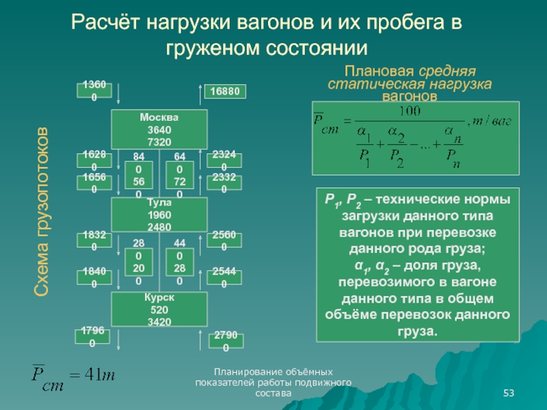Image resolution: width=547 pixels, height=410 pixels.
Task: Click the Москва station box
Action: click(159, 128)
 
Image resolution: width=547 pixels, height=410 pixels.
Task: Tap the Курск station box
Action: click(159, 310)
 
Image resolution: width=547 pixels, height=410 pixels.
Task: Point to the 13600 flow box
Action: click(94, 90)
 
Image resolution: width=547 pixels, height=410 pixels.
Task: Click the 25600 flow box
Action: click(225, 241)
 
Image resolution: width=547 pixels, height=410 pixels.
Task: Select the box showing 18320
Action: click(94, 241)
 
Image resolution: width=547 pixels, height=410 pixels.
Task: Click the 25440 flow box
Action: click(225, 278)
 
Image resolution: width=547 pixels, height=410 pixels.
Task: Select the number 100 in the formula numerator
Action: click(410, 111)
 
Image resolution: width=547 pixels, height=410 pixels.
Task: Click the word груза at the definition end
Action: click(416, 331)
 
